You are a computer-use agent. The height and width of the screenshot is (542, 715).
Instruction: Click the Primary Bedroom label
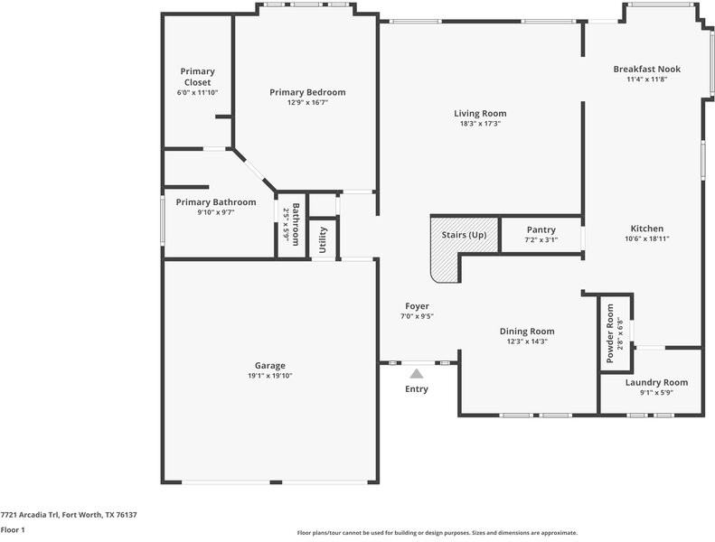307,92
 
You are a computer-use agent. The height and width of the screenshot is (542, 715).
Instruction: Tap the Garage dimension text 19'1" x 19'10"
271,376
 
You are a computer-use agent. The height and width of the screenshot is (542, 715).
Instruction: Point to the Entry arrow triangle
417,372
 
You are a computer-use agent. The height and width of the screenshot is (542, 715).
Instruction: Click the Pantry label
541,230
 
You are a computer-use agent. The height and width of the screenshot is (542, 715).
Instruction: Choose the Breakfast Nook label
646,69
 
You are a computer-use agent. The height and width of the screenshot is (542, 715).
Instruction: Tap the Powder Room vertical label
610,333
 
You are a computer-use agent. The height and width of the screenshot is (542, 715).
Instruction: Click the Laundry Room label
656,382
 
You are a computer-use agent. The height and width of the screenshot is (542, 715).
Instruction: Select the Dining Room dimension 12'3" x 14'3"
526,341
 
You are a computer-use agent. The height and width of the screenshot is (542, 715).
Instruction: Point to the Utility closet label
323,240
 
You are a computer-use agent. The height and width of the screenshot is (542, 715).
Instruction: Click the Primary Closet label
197,77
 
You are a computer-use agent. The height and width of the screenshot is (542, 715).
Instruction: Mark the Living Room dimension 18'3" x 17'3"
480,124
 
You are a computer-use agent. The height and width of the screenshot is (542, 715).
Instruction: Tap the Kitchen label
646,229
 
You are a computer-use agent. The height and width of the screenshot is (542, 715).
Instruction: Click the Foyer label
417,306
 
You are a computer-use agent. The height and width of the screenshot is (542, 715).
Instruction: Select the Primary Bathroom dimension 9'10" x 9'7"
215,212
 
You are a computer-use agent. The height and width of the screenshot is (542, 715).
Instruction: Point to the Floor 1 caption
13,530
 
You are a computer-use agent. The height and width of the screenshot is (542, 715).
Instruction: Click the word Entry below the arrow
417,389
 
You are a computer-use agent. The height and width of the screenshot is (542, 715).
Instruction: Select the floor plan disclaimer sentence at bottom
437,533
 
